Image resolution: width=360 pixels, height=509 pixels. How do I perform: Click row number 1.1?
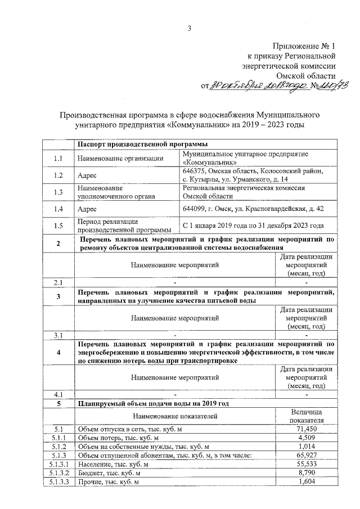click(x=58, y=158)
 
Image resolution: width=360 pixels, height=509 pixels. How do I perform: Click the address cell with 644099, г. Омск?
click(x=254, y=209)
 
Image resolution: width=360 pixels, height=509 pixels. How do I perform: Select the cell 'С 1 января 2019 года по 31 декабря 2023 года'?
click(x=254, y=226)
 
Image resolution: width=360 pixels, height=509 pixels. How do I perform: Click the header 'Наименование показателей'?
click(x=174, y=416)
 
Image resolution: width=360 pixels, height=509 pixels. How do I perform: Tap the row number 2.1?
click(x=58, y=282)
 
